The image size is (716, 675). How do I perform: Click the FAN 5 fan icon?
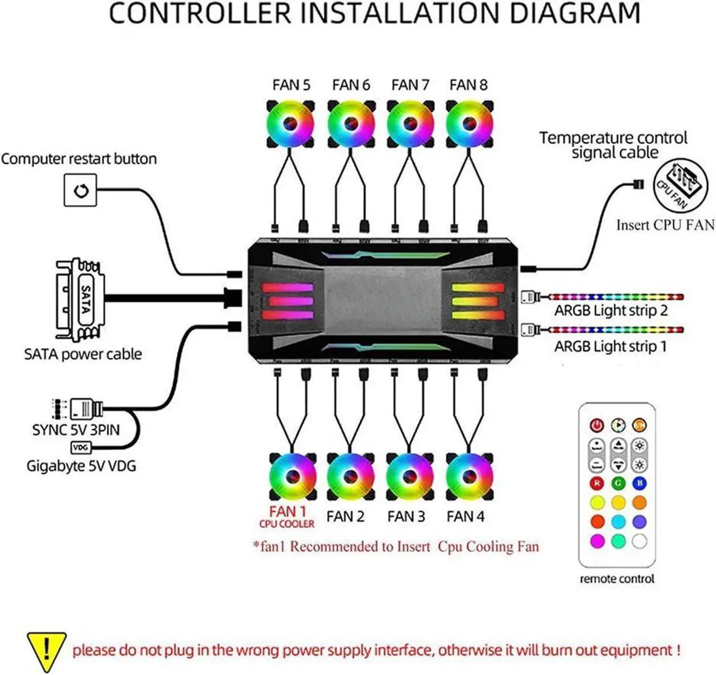tap(290, 124)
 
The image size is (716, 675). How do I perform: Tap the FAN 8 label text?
tap(468, 85)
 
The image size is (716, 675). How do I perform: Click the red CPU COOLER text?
tap(286, 524)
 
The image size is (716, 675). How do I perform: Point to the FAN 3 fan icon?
tap(410, 477)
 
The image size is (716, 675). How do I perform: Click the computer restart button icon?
tap(81, 190)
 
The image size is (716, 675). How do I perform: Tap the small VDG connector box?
tap(81, 448)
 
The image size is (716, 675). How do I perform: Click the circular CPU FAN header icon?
tap(681, 184)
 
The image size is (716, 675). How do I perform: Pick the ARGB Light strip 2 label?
tap(611, 311)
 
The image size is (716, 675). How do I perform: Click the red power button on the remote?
tap(597, 425)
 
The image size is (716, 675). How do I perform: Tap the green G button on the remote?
tap(618, 483)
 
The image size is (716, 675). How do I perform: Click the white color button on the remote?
tap(639, 541)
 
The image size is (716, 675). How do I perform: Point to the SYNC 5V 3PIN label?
tap(76, 430)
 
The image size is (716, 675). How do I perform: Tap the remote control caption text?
tap(616, 579)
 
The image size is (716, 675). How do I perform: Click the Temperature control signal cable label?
tap(614, 145)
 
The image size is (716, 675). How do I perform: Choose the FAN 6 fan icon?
tap(351, 124)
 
